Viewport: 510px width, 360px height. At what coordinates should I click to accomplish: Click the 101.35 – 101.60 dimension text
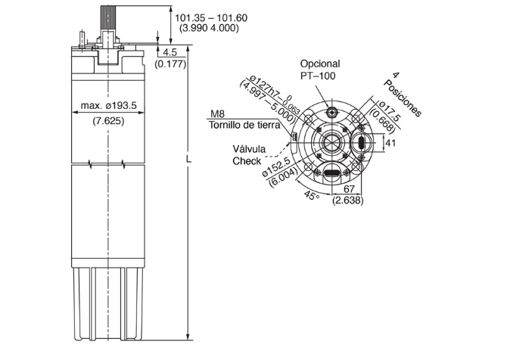tap(211, 17)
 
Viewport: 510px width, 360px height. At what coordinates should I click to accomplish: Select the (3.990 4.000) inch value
tap(209, 28)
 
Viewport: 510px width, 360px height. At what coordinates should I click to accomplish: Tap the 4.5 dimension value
tap(169, 52)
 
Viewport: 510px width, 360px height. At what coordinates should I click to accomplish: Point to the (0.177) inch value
tap(170, 64)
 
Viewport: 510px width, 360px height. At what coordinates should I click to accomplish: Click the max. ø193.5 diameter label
tap(109, 105)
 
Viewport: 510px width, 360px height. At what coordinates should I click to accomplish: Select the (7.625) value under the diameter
tap(109, 121)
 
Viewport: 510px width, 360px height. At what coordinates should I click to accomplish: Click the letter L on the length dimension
tap(188, 160)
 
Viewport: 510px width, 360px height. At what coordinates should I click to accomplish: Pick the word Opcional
tap(320, 64)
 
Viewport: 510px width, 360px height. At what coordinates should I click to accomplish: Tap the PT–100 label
tap(318, 76)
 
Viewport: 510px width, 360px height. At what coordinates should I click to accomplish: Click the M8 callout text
tap(218, 113)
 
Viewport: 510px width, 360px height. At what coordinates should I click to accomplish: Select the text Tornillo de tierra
tap(244, 125)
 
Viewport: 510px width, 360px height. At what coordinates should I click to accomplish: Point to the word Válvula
tap(249, 149)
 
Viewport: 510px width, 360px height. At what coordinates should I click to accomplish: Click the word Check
tap(247, 161)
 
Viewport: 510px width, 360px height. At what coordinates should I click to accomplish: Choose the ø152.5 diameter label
tap(276, 167)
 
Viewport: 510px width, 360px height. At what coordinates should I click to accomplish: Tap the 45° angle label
tap(312, 195)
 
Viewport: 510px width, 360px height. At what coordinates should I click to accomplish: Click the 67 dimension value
tap(349, 188)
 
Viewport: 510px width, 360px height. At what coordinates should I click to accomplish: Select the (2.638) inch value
tap(348, 200)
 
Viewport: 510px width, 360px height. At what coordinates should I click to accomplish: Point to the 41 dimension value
tap(390, 142)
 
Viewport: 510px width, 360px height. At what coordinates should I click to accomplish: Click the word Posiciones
tap(403, 98)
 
